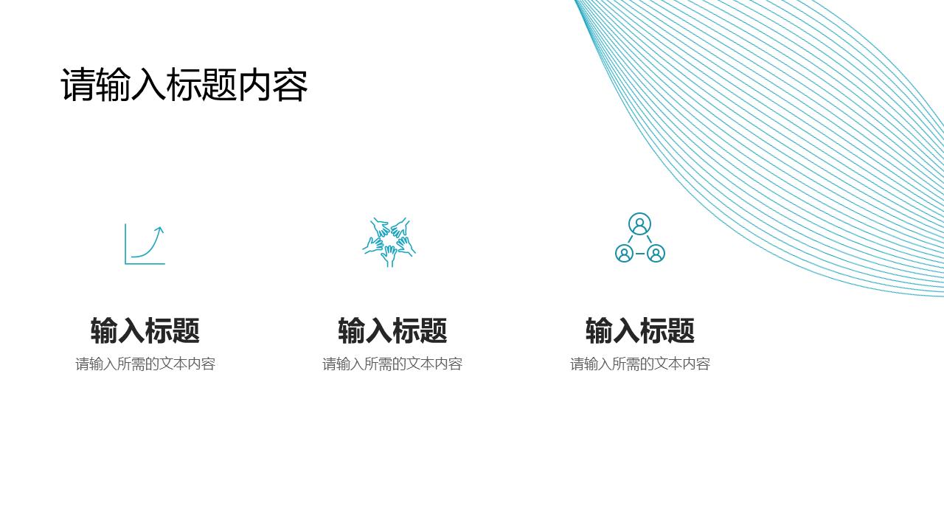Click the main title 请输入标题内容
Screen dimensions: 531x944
tap(184, 85)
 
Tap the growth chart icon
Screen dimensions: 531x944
tap(145, 244)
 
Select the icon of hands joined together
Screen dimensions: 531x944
tap(389, 242)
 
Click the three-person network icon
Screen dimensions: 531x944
tap(639, 238)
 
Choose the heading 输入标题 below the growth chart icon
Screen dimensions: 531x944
tap(145, 330)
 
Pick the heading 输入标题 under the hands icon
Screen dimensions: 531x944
tap(392, 330)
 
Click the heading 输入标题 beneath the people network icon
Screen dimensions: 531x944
tap(640, 330)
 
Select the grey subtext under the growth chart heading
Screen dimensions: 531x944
tap(145, 364)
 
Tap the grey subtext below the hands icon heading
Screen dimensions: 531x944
tap(392, 364)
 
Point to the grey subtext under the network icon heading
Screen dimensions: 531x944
tap(640, 364)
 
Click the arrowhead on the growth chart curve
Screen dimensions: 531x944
tap(159, 230)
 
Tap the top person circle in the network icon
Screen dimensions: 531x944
tap(639, 223)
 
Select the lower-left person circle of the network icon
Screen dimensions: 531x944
tap(624, 254)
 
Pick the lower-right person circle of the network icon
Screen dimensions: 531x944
tap(656, 254)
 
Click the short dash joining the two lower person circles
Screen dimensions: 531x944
tap(640, 254)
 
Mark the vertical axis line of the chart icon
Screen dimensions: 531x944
tap(125, 243)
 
